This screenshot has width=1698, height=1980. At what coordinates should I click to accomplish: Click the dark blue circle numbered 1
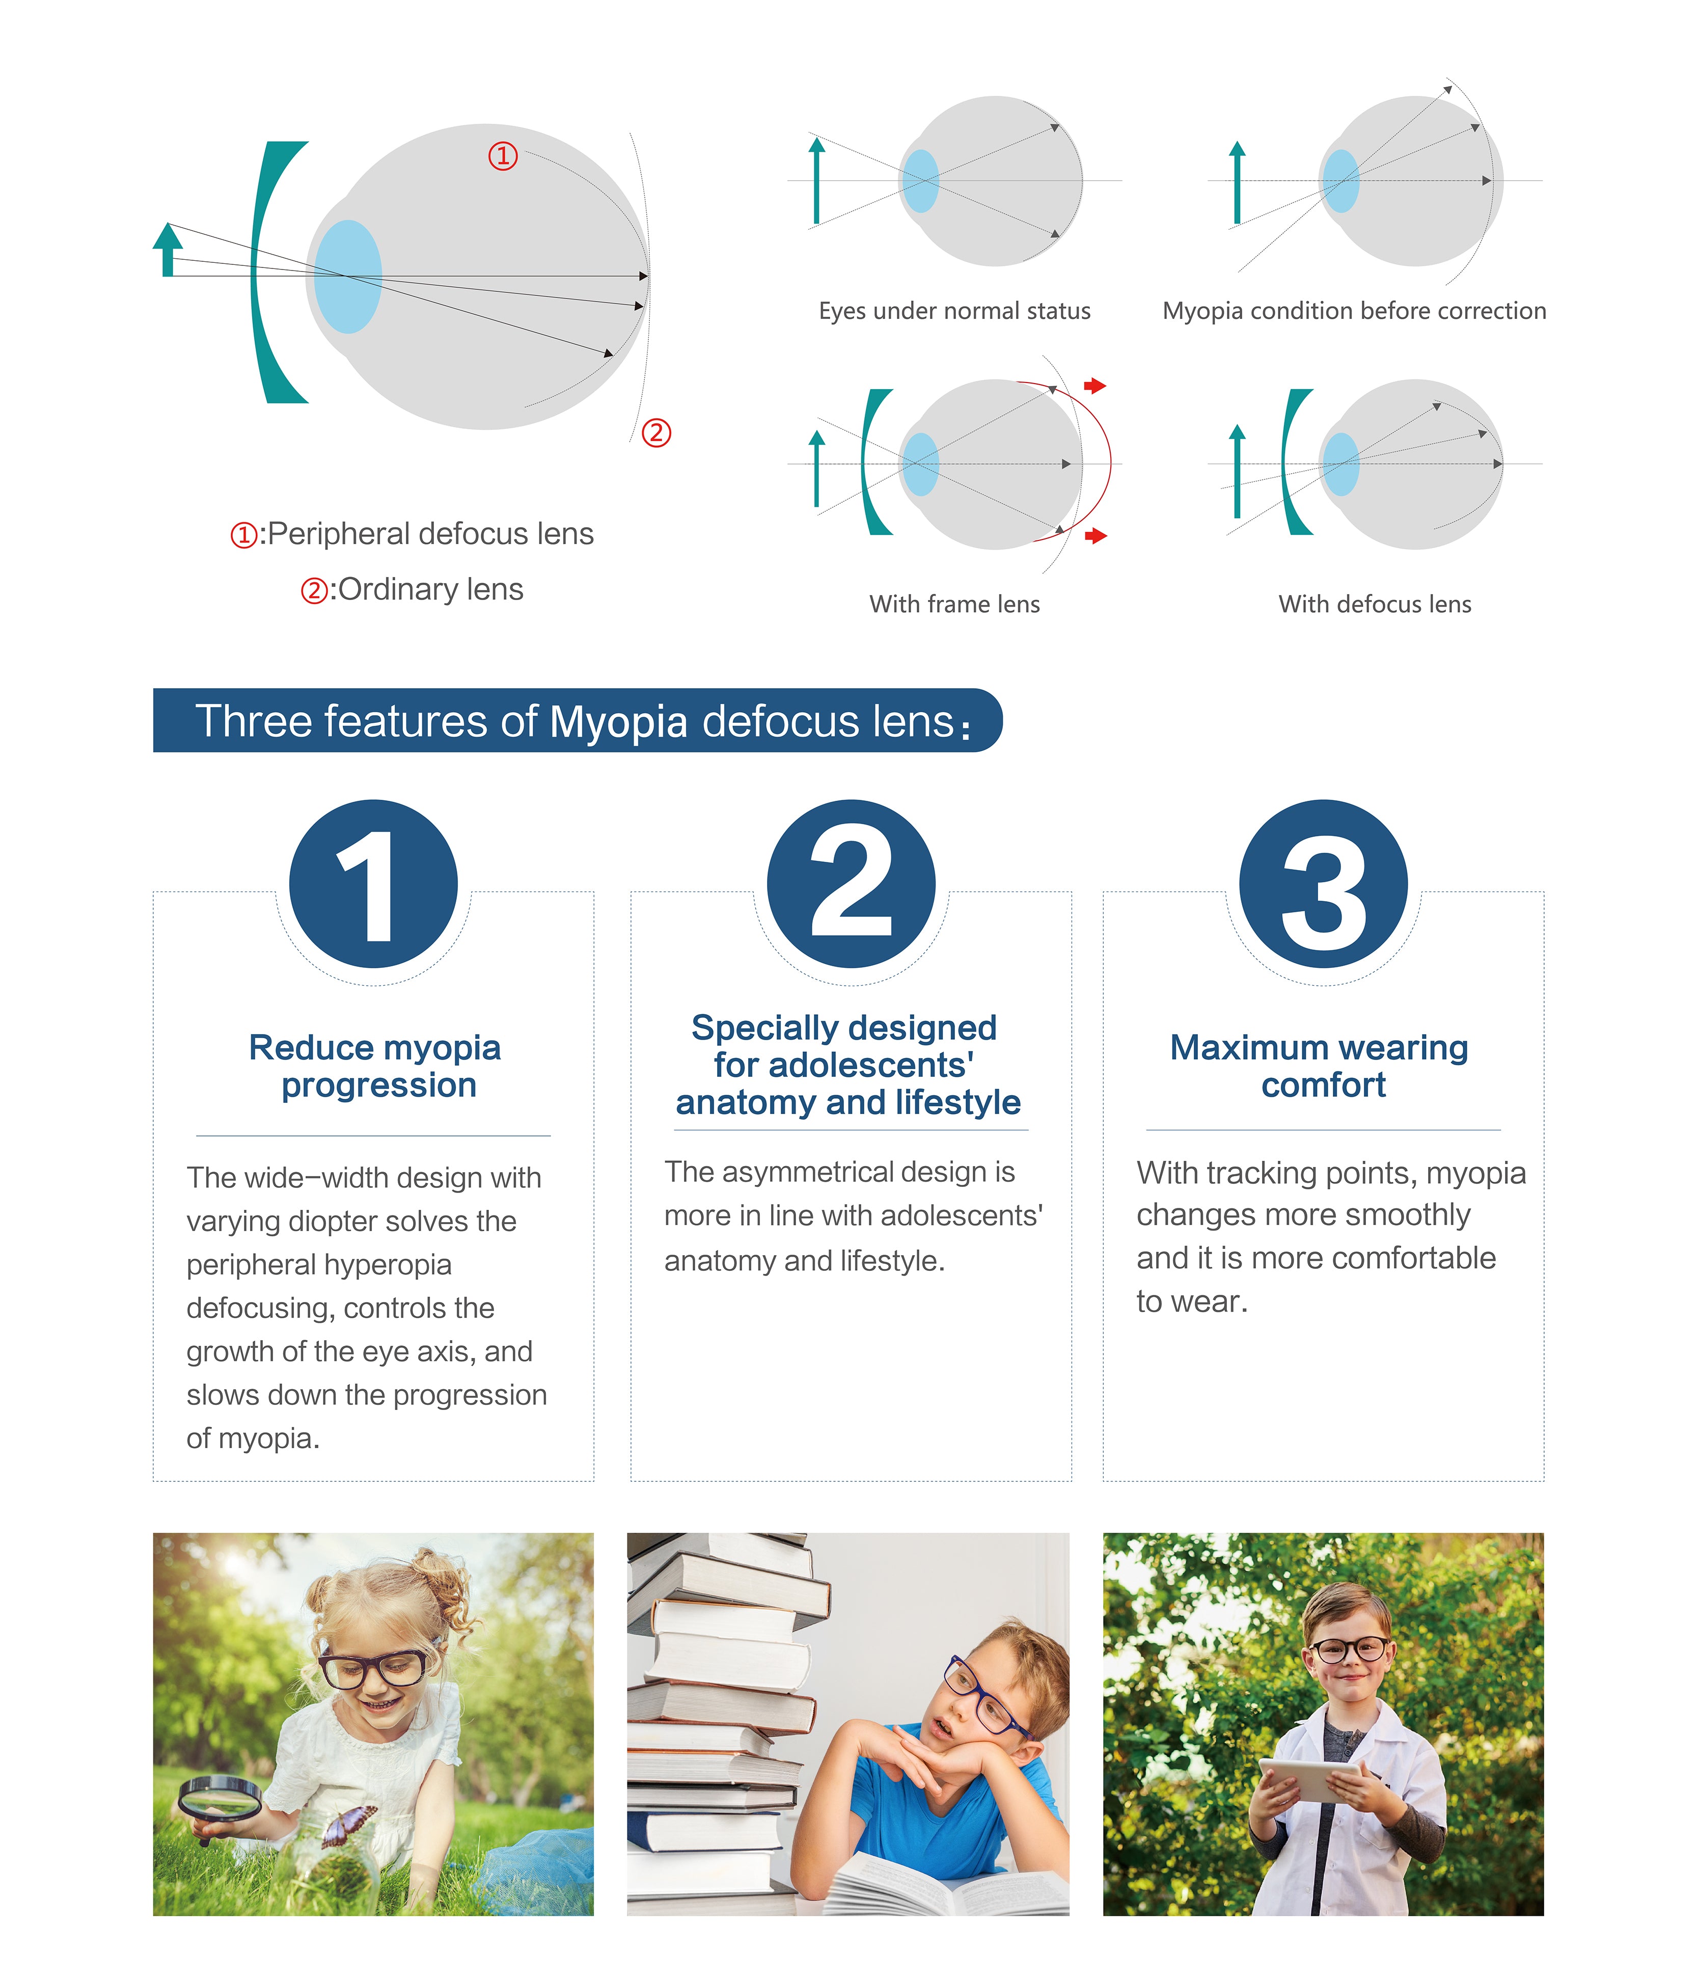click(374, 884)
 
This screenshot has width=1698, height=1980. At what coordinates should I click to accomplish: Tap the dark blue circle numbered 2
click(852, 884)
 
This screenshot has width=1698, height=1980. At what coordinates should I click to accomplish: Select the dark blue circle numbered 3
click(1324, 884)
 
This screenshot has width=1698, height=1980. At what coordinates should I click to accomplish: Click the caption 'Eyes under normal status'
click(954, 311)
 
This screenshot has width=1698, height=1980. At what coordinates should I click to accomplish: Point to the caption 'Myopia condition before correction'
click(1354, 311)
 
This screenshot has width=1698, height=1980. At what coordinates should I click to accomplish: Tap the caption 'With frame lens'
click(954, 604)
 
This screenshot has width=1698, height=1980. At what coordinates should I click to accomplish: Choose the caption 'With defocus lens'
click(1375, 604)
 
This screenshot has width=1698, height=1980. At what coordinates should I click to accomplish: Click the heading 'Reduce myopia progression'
click(374, 1067)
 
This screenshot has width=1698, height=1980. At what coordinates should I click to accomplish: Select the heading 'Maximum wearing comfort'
click(1320, 1067)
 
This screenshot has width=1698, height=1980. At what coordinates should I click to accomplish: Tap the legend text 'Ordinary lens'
click(430, 589)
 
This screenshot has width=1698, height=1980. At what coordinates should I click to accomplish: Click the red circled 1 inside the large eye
click(504, 156)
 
